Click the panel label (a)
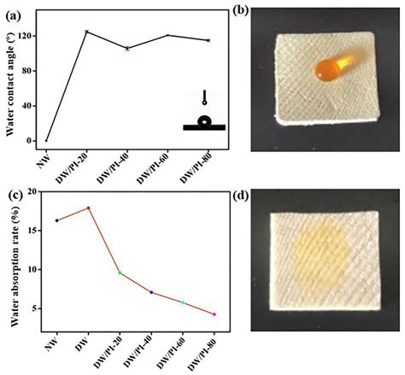coord(11,9)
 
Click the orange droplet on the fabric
coord(331,70)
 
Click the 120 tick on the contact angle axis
coord(31,37)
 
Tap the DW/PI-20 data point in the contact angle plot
coord(87,32)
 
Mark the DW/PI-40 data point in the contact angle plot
coord(127,48)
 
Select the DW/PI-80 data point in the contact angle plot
coord(208,40)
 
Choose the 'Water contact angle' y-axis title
coord(9,81)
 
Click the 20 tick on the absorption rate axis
coord(33,191)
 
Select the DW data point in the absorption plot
coord(88,208)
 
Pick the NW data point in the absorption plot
coord(56,220)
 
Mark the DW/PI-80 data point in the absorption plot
coord(214,314)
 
